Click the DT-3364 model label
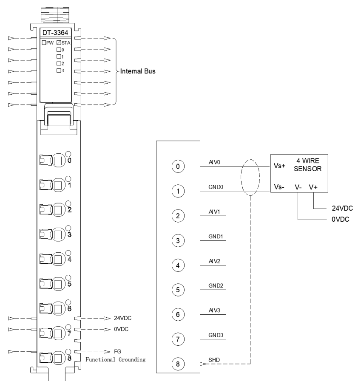pyautogui.click(x=55, y=33)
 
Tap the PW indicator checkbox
pyautogui.click(x=44, y=42)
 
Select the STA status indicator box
pyautogui.click(x=59, y=42)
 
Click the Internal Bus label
pyautogui.click(x=138, y=71)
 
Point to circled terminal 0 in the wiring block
pyautogui.click(x=178, y=167)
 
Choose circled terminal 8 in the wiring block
pyautogui.click(x=178, y=364)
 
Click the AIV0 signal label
pyautogui.click(x=214, y=162)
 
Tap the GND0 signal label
pyautogui.click(x=216, y=187)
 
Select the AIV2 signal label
pyautogui.click(x=214, y=261)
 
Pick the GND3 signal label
pyautogui.click(x=216, y=335)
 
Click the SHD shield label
pyautogui.click(x=214, y=360)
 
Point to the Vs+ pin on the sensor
pyautogui.click(x=279, y=166)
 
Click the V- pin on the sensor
pyautogui.click(x=298, y=187)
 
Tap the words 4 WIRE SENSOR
pyautogui.click(x=308, y=165)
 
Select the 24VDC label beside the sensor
pyautogui.click(x=342, y=208)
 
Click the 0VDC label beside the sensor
pyautogui.click(x=341, y=220)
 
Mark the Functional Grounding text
pyautogui.click(x=116, y=360)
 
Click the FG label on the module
pyautogui.click(x=117, y=352)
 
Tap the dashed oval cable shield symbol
pyautogui.click(x=250, y=178)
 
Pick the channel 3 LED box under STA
pyautogui.click(x=59, y=71)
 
